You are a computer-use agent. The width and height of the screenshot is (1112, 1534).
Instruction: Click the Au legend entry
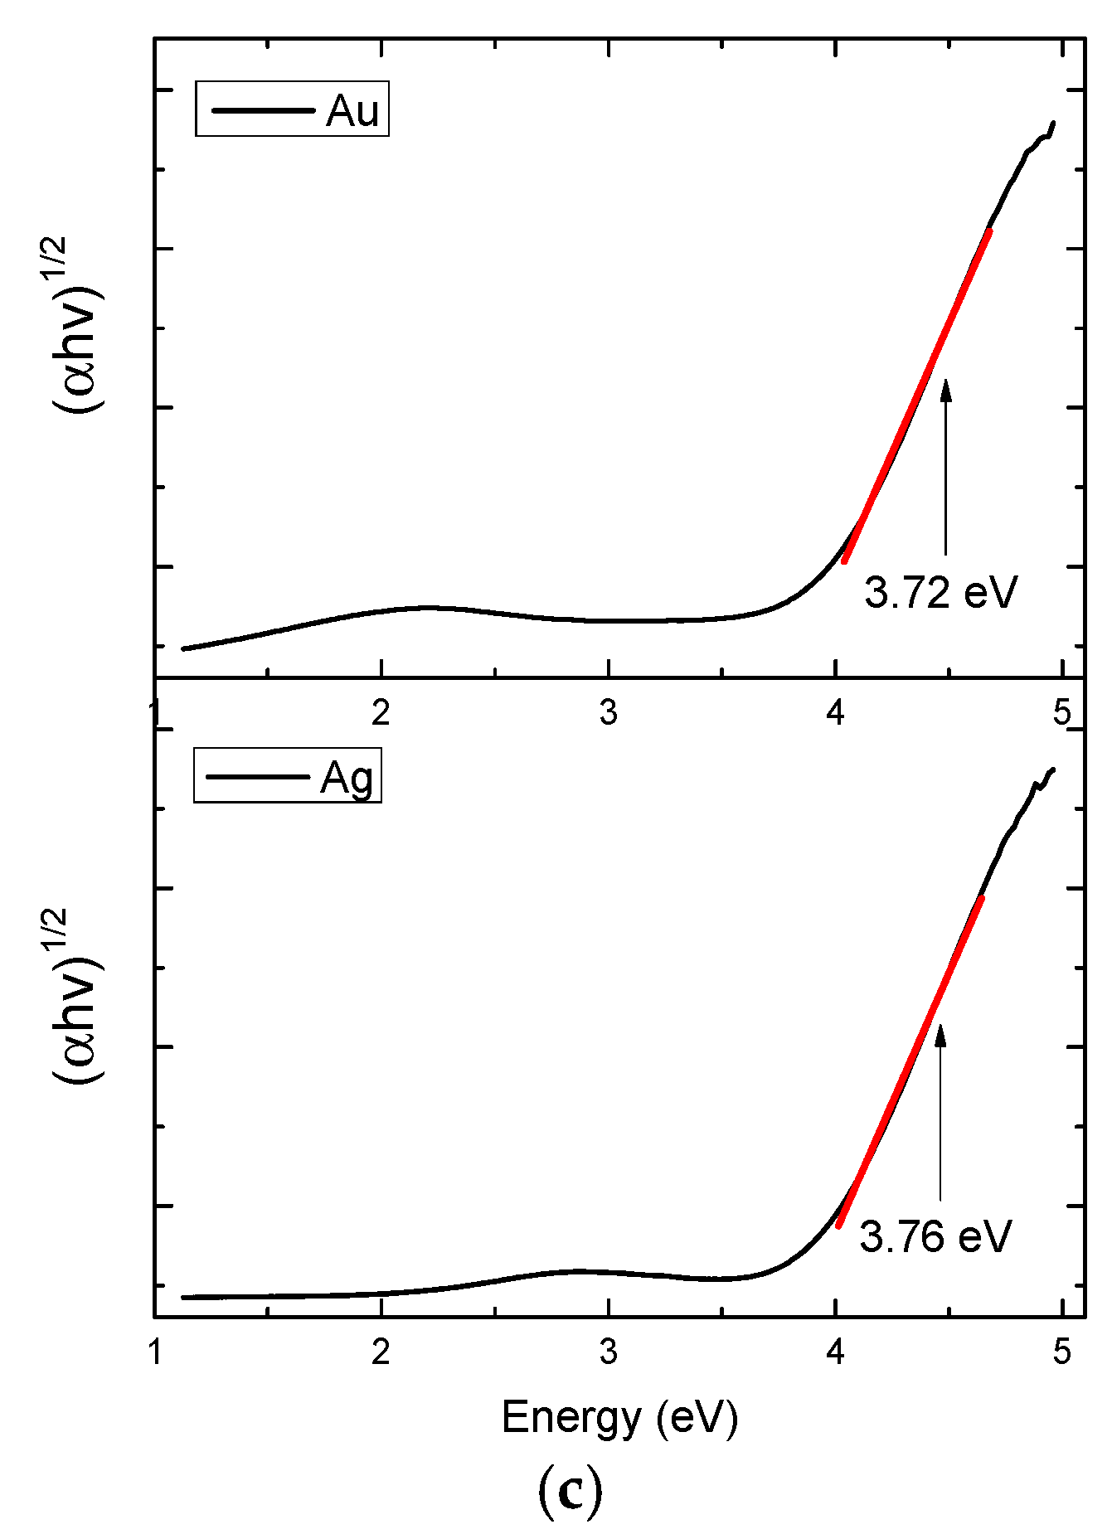292,109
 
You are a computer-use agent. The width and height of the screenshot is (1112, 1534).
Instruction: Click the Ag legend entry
288,776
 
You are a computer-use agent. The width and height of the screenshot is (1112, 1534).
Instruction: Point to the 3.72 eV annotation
940,592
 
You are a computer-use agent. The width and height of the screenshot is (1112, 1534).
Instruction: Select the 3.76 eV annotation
935,1236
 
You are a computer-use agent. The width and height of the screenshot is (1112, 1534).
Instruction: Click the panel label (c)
571,1490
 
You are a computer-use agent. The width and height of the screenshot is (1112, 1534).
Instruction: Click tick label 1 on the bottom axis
155,1352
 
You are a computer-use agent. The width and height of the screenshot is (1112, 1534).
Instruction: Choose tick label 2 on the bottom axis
381,1352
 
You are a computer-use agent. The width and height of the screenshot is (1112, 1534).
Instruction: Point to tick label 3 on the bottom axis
609,1352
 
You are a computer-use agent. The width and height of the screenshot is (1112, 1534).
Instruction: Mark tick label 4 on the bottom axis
836,1352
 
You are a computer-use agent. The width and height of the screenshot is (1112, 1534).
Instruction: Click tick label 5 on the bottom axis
1062,1352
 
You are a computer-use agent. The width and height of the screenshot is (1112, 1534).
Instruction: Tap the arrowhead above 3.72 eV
945,388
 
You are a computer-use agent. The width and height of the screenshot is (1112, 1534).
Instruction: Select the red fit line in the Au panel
916,396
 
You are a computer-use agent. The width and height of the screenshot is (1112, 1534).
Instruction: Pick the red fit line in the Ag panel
910,1061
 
